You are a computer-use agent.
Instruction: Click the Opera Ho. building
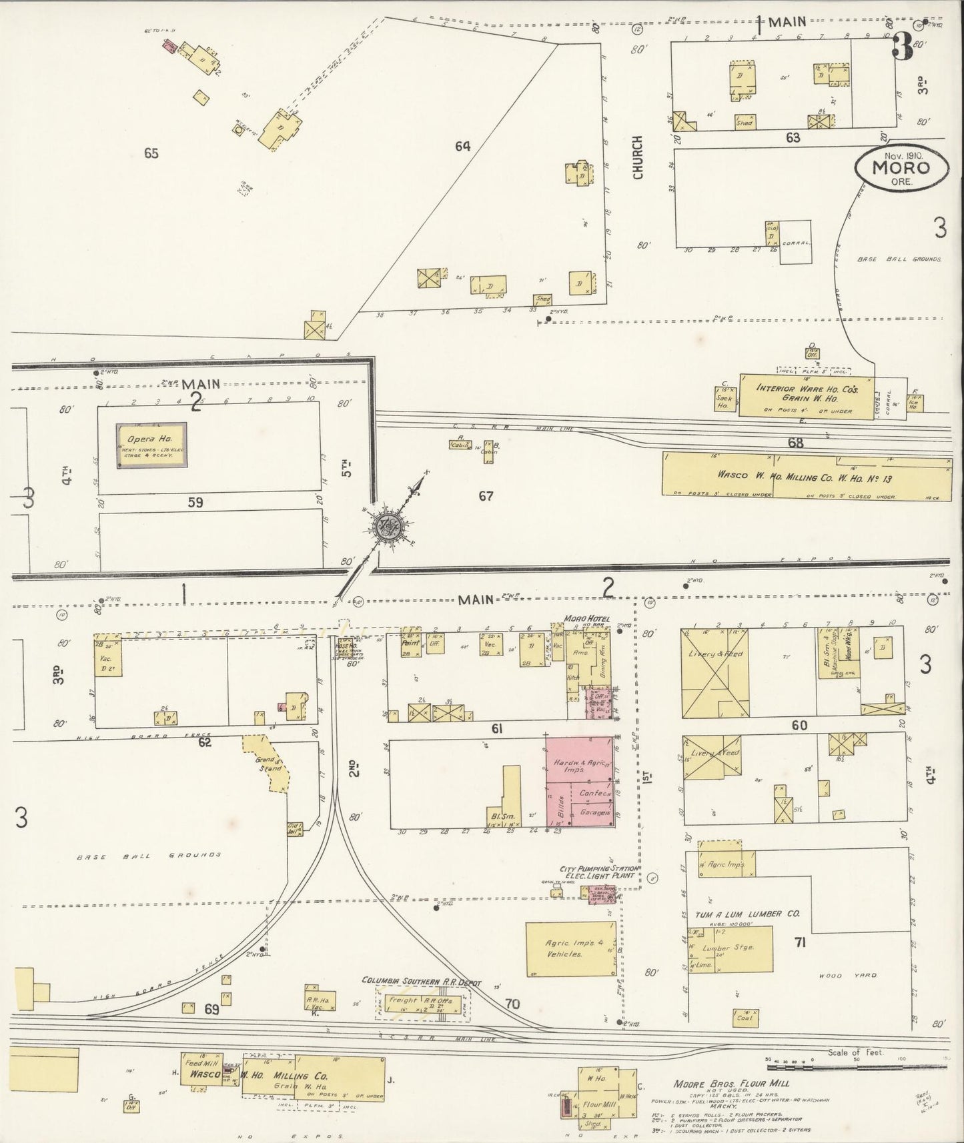[151, 445]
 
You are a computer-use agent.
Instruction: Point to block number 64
[462, 145]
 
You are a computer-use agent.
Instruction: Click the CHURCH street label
[638, 157]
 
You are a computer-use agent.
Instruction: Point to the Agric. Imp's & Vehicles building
[570, 949]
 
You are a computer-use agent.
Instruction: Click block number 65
[151, 153]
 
